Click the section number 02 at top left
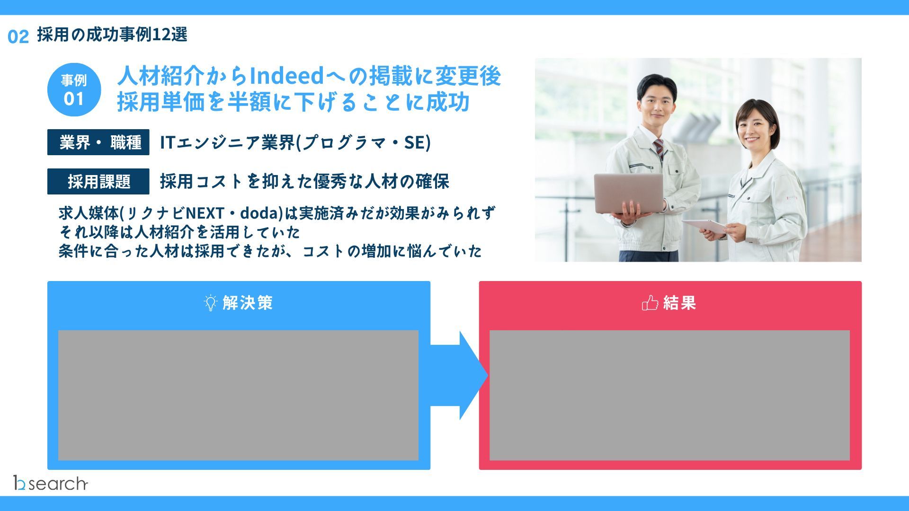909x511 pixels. tap(18, 36)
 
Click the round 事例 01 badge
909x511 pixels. tap(74, 90)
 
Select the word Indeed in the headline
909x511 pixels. tap(286, 76)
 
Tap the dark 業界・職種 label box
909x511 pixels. tap(98, 142)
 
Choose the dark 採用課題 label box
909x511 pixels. tap(98, 181)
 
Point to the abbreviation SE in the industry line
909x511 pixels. tap(414, 142)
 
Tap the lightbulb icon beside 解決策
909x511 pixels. tap(210, 302)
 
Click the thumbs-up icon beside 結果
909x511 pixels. tap(650, 302)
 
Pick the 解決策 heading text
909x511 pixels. tap(248, 302)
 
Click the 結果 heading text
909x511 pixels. tap(679, 302)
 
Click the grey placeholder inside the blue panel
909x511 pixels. tap(238, 395)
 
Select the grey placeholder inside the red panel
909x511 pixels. tap(669, 395)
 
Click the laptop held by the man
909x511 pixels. tap(629, 193)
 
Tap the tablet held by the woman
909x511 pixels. tap(704, 226)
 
